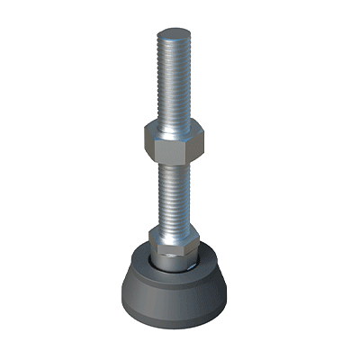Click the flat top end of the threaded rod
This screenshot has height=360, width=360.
point(173,34)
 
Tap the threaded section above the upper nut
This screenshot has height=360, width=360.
point(173,81)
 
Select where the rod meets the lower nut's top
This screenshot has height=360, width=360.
point(173,229)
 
